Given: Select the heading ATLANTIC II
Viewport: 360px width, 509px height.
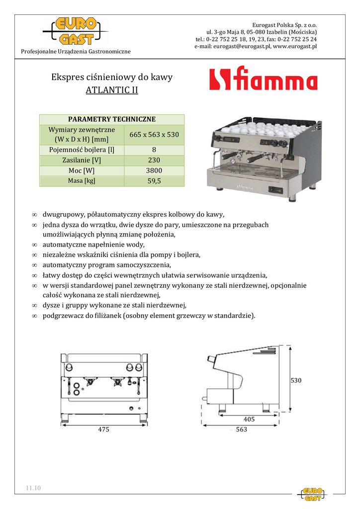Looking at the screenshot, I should [112, 90].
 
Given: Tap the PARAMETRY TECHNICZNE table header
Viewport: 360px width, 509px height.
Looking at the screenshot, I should [112, 119].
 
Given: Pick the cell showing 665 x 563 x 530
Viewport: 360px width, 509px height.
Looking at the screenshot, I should [154, 135].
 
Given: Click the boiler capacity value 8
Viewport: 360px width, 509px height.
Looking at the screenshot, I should [154, 150].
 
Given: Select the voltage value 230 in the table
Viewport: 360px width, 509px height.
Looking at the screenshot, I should [154, 161].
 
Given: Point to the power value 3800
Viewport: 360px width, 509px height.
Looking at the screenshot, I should [154, 171].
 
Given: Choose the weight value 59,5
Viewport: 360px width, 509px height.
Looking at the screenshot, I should [154, 181].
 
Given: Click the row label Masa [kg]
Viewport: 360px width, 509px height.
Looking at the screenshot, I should [82, 181].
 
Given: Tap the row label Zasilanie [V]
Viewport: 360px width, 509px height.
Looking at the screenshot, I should [82, 161].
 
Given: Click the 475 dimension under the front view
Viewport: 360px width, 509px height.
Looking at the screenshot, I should [103, 429].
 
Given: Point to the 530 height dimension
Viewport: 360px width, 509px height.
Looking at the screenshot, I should [296, 380].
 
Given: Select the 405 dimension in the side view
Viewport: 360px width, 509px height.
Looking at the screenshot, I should [249, 420].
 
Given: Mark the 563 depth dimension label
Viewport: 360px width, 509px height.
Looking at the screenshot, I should [242, 429].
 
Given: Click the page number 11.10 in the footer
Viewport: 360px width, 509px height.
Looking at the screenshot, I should [34, 488].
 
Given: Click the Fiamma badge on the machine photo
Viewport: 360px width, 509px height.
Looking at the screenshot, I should [245, 188].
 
